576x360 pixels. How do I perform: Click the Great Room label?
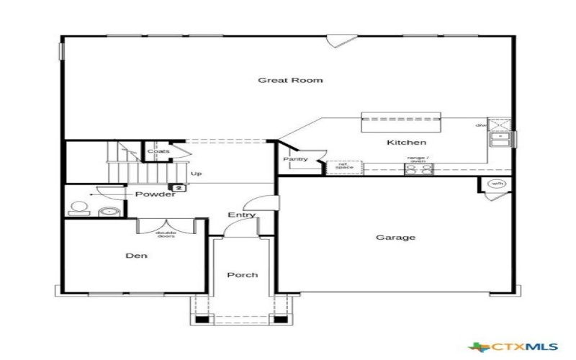click(x=290, y=80)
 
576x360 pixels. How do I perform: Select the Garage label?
click(x=395, y=238)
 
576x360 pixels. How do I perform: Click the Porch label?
click(x=242, y=275)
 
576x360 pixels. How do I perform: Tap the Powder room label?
click(x=155, y=194)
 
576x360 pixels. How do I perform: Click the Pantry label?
click(x=295, y=159)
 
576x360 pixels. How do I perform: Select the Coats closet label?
click(x=158, y=151)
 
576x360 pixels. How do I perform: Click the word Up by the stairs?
click(x=196, y=174)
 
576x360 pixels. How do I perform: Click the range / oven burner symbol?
click(x=419, y=170)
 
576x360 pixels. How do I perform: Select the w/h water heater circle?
click(x=496, y=184)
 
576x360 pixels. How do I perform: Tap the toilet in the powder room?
click(x=78, y=210)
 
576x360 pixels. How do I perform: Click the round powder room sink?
click(x=109, y=212)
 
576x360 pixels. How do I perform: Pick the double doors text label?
click(x=166, y=235)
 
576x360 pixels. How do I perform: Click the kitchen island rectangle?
click(x=400, y=120)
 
